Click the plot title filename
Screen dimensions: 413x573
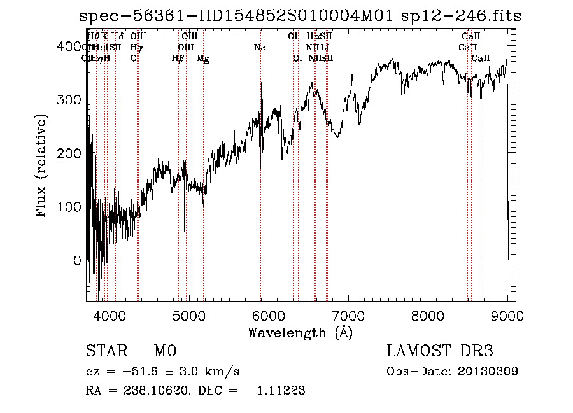[x=298, y=17]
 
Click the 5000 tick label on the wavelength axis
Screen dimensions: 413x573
[x=189, y=315]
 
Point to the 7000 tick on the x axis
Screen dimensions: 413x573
[x=348, y=315]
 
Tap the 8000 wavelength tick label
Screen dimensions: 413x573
[x=428, y=315]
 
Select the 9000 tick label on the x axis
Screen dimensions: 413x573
[x=507, y=315]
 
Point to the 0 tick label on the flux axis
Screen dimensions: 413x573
[x=78, y=260]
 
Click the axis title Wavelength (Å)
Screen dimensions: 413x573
[x=300, y=332]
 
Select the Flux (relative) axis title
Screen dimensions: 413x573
[x=43, y=167]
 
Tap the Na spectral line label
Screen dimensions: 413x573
[x=260, y=47]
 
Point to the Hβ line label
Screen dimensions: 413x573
[x=178, y=58]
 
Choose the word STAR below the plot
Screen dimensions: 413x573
[x=105, y=351]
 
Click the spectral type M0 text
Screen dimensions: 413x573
[x=164, y=351]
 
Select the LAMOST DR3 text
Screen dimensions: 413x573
[x=440, y=351]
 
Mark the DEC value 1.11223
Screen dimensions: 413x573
[x=281, y=391]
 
